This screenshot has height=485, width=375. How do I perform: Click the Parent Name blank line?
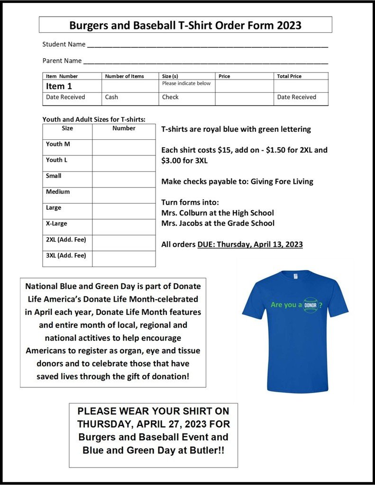click(x=205, y=63)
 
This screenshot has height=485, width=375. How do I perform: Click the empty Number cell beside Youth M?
click(x=124, y=147)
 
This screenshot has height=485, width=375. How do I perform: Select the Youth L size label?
click(x=56, y=160)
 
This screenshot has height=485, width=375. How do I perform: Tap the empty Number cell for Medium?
click(x=124, y=195)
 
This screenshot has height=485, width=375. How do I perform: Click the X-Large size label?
click(x=56, y=224)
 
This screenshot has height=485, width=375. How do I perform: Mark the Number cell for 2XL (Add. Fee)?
click(x=124, y=243)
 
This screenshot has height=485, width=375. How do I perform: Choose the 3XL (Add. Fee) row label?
click(x=66, y=256)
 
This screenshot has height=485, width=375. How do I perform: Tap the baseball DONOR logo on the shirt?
click(x=311, y=305)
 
